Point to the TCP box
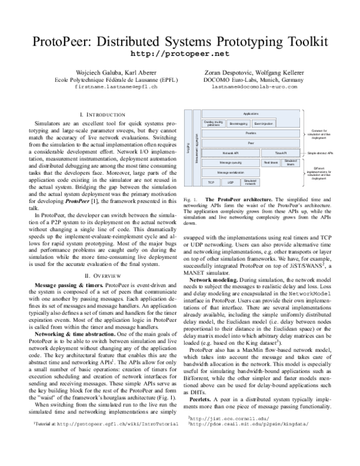211,181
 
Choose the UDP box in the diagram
230,181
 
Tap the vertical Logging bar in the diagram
188,148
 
